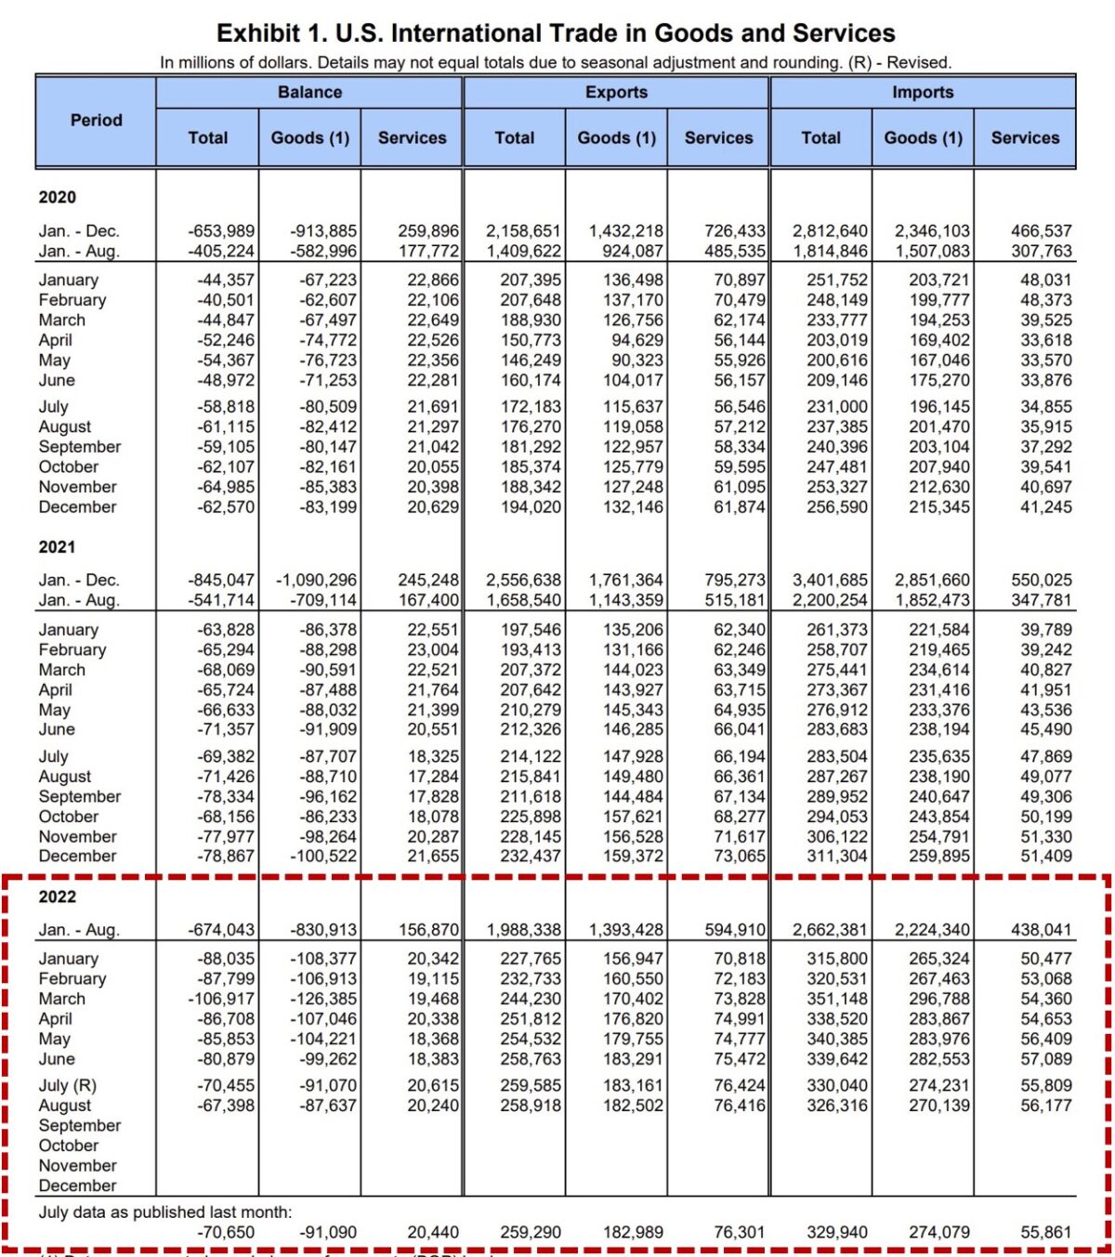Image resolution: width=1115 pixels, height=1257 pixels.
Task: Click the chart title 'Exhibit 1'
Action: coord(556,33)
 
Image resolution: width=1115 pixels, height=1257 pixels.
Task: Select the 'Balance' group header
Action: coord(309,92)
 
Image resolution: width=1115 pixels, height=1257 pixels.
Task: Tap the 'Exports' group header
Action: coord(616,92)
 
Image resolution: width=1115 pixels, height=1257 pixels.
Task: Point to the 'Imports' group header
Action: coord(923,92)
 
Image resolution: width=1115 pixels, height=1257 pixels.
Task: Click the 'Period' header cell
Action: coord(96,120)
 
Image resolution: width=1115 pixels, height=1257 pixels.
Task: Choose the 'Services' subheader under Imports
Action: coord(1025,137)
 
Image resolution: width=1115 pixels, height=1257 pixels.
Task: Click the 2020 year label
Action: coord(58,197)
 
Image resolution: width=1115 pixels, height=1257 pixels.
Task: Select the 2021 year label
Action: coord(58,547)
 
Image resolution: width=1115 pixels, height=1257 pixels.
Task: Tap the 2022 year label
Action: coord(58,897)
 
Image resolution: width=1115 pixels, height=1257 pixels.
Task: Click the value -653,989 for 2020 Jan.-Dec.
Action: coord(221,230)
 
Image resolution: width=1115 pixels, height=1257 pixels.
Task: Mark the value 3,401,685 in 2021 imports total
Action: coord(830,581)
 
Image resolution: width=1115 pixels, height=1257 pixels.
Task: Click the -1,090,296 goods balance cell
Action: coord(317,581)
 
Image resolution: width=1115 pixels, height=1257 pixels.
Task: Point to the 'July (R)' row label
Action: coord(68,1085)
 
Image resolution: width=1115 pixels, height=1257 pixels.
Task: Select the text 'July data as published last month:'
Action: coord(165,1211)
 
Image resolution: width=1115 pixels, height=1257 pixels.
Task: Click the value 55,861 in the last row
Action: coord(1045,1233)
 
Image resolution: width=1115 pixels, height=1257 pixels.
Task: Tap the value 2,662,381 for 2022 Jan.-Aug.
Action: coord(830,930)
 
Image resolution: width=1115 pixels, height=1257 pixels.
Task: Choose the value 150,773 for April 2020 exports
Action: coord(531,340)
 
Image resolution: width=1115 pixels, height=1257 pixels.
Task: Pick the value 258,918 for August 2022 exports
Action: coord(531,1106)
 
